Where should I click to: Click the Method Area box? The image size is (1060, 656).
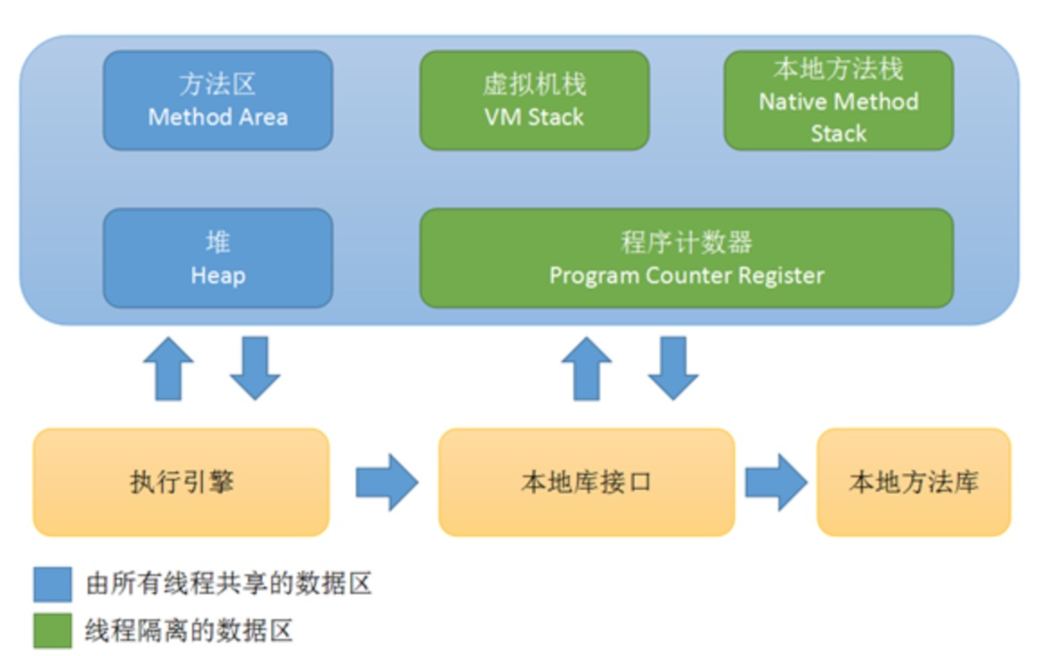(218, 100)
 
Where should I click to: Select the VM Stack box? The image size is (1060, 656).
(534, 100)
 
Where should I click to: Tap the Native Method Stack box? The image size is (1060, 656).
(838, 100)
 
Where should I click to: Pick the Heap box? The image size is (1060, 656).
(218, 258)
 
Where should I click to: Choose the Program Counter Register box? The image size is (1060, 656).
(686, 258)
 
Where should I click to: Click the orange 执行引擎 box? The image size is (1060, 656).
(181, 482)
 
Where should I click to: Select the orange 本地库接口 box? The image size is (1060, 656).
(586, 482)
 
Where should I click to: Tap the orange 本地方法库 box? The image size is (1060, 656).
(913, 482)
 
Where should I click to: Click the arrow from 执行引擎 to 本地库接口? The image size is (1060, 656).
(386, 483)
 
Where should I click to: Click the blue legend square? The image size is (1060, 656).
(53, 584)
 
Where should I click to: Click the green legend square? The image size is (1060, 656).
(53, 630)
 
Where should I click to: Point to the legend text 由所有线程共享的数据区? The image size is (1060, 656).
(229, 584)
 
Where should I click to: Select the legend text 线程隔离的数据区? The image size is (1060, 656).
(189, 630)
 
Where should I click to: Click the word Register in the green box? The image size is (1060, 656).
(781, 275)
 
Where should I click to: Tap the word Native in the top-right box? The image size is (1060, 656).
(786, 102)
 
